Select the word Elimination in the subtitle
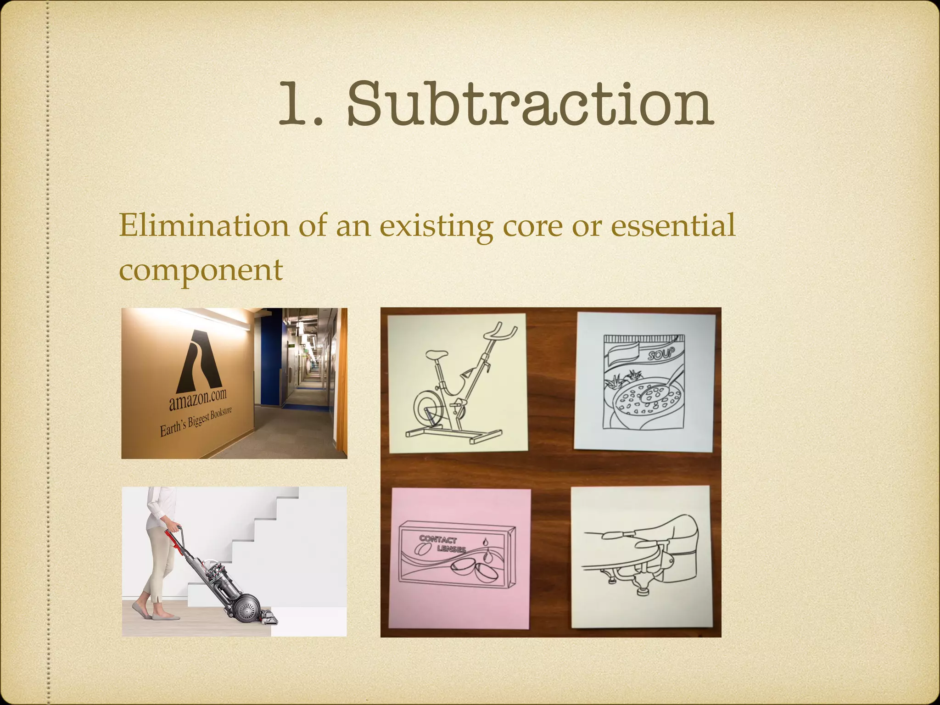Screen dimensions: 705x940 click(204, 225)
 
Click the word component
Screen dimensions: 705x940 click(201, 269)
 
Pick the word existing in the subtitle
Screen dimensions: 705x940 click(436, 226)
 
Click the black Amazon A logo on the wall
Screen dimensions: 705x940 click(199, 360)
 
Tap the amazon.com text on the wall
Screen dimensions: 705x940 click(198, 399)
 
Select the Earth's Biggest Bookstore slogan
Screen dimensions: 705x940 click(196, 421)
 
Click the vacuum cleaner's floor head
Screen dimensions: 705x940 click(270, 615)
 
